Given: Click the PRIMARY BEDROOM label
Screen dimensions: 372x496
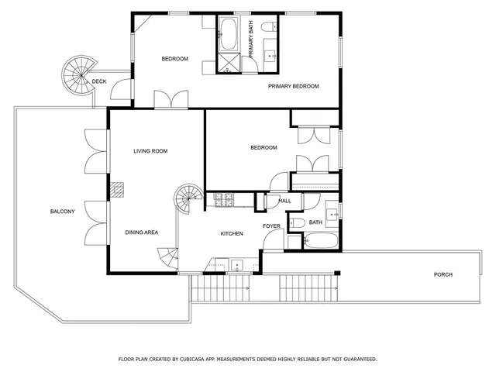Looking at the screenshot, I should pyautogui.click(x=294, y=86).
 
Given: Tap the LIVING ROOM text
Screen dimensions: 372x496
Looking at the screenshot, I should pyautogui.click(x=150, y=151).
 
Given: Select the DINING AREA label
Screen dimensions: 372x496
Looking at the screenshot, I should pyautogui.click(x=142, y=232).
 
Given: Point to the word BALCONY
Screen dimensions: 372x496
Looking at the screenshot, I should pyautogui.click(x=63, y=212).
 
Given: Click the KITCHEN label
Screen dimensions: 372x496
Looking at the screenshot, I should pyautogui.click(x=232, y=233).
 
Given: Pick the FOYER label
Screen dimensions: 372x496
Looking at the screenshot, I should pyautogui.click(x=271, y=226).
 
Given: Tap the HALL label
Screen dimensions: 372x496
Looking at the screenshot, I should pyautogui.click(x=284, y=201).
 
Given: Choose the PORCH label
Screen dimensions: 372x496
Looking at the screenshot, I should pyautogui.click(x=443, y=274).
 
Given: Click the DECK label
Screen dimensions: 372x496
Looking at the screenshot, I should pyautogui.click(x=99, y=81).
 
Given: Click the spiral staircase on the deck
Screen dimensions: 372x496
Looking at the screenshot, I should pyautogui.click(x=78, y=74).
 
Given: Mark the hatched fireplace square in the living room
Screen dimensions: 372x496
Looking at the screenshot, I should pyautogui.click(x=116, y=189).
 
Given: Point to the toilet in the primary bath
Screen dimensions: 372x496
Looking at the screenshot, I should pyautogui.click(x=268, y=29).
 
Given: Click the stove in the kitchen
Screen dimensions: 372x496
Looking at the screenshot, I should pyautogui.click(x=224, y=201).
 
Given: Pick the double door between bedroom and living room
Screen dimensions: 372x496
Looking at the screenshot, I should pyautogui.click(x=170, y=99).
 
